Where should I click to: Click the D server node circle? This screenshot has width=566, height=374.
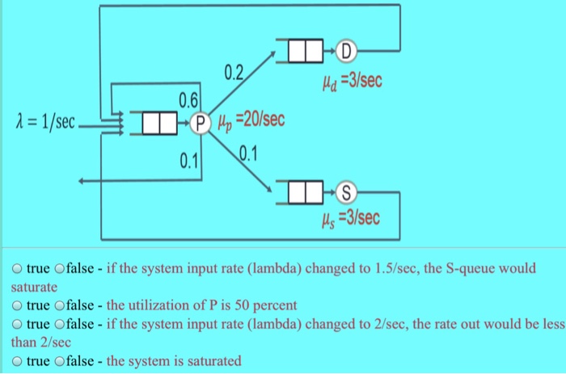click(x=346, y=54)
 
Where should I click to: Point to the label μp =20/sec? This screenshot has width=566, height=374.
click(x=248, y=122)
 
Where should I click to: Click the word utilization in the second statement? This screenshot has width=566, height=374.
click(x=159, y=306)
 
